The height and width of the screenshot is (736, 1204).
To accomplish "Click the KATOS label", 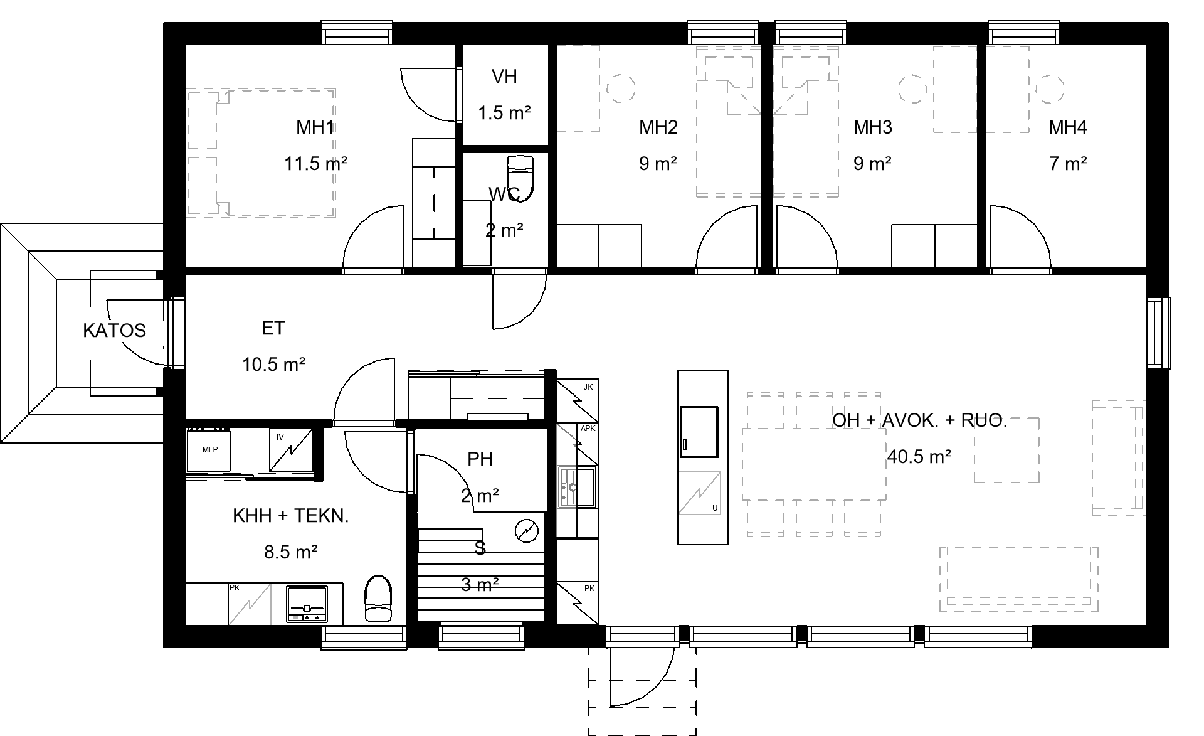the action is point(114,330).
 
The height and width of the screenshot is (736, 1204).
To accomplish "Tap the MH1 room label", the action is point(315,127).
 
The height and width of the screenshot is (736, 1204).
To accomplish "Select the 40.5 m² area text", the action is point(919,456).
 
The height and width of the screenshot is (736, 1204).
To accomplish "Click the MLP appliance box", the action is point(209,450).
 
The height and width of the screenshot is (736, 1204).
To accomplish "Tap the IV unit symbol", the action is point(291,450).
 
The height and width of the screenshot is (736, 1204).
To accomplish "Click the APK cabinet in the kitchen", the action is point(578,444).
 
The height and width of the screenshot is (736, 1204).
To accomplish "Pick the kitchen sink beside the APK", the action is point(578,487).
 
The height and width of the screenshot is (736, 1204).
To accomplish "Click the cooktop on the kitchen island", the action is point(699,432).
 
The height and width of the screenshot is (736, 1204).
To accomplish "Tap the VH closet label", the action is point(504,77).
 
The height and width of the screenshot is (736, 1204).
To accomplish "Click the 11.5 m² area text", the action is point(315,164).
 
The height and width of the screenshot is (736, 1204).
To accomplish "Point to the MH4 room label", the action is point(1067,127).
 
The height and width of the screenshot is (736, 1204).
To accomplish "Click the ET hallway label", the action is point(273,328).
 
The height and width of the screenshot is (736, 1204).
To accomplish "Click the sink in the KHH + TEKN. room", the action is point(307,604).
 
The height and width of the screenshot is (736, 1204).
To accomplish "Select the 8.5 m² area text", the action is point(290,552).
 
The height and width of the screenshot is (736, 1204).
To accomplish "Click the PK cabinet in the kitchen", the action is point(578,604).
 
